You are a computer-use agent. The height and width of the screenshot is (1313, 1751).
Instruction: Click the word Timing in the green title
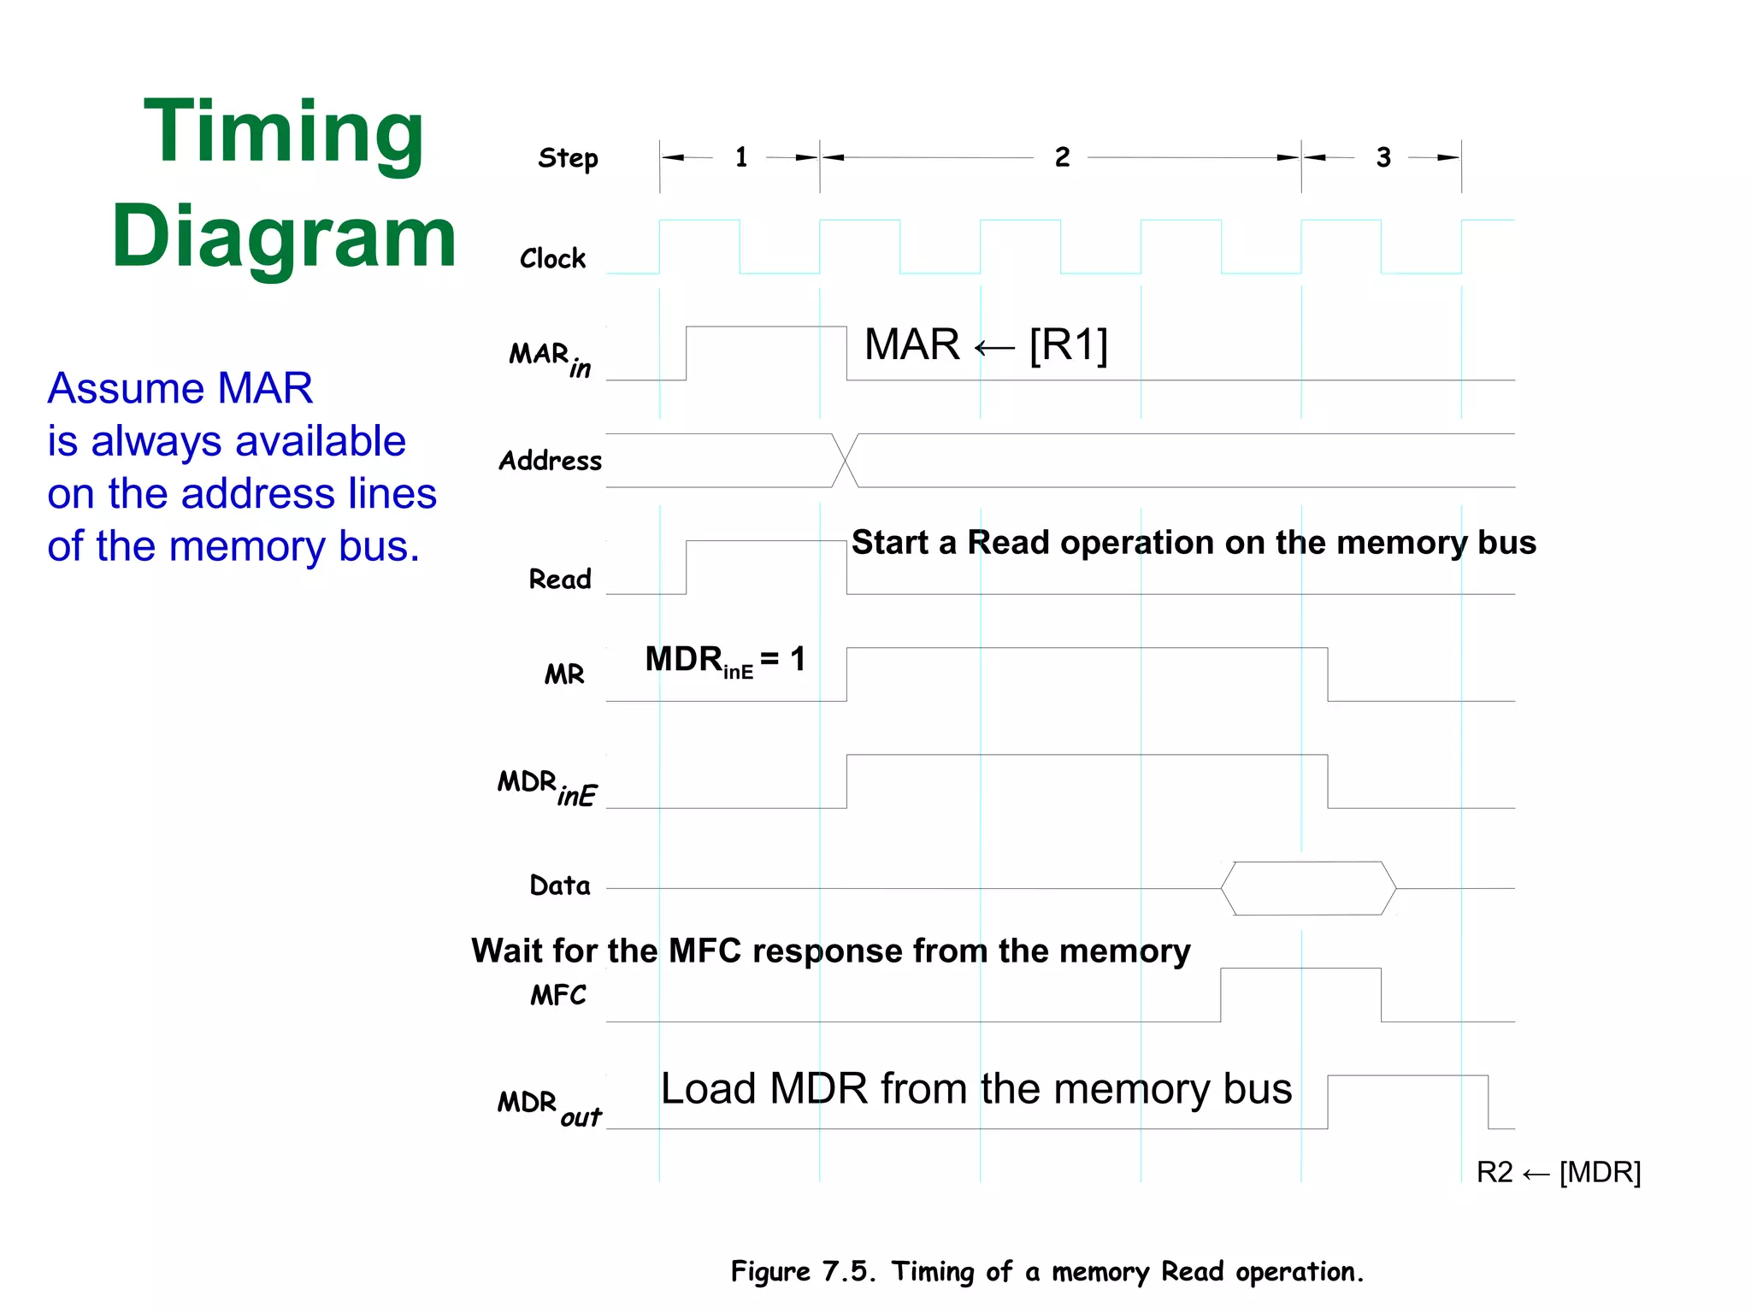284,132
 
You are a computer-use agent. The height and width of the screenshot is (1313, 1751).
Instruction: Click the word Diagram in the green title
284,238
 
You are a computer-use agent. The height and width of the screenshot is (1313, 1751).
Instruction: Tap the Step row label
568,158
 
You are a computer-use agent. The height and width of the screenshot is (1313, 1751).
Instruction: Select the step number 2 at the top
1062,157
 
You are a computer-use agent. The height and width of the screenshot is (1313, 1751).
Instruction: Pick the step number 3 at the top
1383,157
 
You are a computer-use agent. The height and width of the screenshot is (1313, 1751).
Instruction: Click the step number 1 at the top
741,157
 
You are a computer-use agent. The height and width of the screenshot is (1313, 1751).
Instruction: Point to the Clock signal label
552,258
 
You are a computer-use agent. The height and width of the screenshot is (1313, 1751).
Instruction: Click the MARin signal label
550,357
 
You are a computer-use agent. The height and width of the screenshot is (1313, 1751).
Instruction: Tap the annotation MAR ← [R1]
986,345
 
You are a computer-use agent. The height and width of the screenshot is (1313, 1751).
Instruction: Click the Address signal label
551,461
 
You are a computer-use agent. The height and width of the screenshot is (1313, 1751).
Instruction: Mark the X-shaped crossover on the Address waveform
846,461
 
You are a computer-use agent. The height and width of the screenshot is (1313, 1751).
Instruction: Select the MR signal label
564,674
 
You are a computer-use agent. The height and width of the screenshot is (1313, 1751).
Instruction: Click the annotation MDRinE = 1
725,661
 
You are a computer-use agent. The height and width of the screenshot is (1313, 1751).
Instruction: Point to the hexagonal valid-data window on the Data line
1308,888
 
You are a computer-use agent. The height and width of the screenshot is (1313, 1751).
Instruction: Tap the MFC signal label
558,995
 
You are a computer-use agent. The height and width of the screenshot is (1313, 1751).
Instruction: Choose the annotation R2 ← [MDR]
1558,1172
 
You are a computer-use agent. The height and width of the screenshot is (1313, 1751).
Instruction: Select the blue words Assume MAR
180,388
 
